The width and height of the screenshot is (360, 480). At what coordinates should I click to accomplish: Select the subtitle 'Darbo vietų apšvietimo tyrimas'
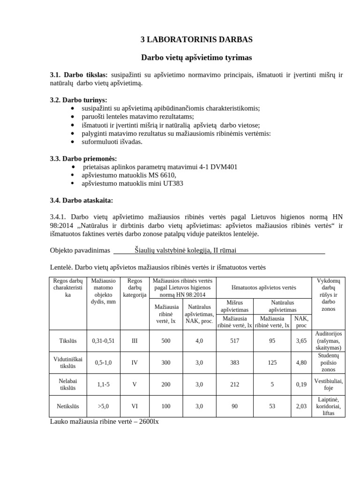[x=196, y=58]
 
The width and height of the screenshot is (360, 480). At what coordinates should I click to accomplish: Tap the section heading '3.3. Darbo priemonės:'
[x=83, y=158]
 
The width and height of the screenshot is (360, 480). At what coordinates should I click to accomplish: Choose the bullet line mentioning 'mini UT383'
[x=132, y=183]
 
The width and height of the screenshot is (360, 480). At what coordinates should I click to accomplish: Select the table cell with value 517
[x=235, y=341]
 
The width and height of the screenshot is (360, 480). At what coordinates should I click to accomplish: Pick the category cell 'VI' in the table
[x=135, y=406]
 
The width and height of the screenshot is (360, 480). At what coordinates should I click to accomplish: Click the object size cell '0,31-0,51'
[x=103, y=341]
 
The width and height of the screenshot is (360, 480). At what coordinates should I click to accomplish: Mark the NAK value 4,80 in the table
[x=301, y=362]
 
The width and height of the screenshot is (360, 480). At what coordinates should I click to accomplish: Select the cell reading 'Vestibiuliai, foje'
[x=328, y=384]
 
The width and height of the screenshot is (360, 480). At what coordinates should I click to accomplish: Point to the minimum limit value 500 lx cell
[x=166, y=341]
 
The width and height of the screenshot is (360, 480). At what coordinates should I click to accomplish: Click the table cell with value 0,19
[x=301, y=384]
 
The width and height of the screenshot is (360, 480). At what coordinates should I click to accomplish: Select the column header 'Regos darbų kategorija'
[x=135, y=287]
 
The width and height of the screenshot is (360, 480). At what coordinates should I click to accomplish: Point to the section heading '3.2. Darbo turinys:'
[x=79, y=100]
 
